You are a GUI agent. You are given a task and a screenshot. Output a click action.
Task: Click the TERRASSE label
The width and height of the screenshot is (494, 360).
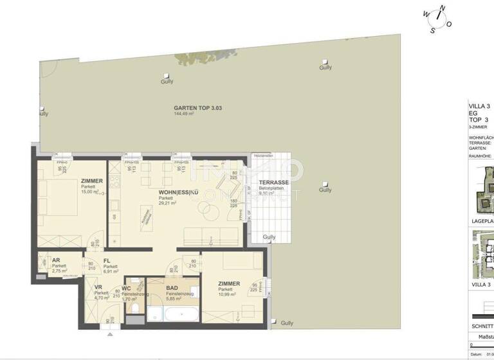(274, 183)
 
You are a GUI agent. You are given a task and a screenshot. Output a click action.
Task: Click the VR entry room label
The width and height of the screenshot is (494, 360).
(98, 287)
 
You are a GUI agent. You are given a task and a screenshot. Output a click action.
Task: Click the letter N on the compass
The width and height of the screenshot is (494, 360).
(441, 9)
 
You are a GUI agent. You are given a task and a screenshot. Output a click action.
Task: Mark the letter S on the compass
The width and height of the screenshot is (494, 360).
(432, 28)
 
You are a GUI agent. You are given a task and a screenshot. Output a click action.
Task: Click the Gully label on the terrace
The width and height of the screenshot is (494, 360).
(269, 237)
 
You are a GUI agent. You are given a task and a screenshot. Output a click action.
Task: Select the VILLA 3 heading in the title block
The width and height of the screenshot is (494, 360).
(479, 106)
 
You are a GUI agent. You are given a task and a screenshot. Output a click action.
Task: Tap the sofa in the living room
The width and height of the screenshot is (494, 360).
(209, 236)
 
